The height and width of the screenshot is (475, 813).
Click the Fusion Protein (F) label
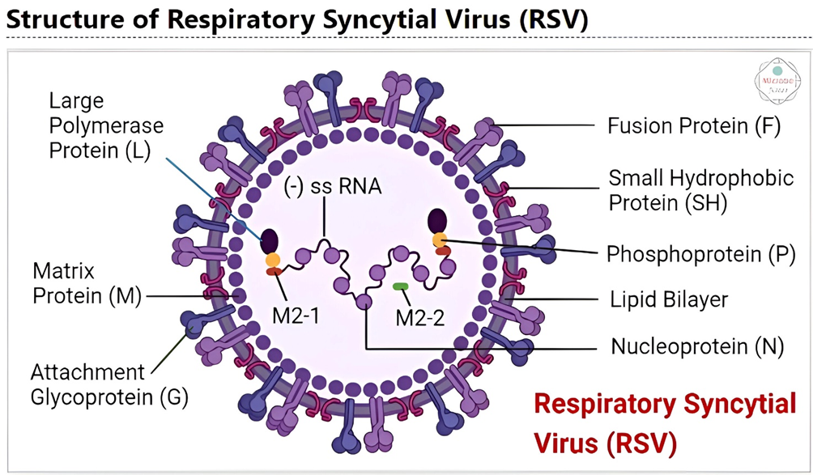[693, 126]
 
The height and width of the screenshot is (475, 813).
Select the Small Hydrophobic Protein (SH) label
[701, 189]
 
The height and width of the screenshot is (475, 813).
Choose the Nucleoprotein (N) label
[697, 347]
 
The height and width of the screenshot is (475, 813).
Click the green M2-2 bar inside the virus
[401, 286]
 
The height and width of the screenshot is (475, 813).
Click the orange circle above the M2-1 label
[271, 261]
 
